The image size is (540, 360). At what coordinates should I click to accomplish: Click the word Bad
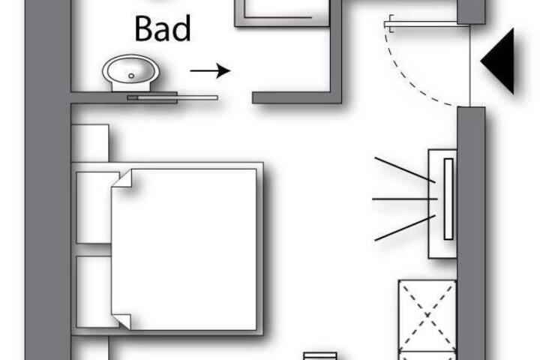coord(163,28)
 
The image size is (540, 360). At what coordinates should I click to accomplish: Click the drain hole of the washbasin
coord(130,76)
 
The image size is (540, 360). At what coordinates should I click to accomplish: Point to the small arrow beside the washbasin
coord(210,70)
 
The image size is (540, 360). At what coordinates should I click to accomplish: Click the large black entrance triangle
coord(498,61)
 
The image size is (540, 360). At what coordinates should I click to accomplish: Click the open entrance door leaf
coord(427,24)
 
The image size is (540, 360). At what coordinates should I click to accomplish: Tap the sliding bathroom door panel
coord(172,97)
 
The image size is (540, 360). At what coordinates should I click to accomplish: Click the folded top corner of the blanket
coord(122,178)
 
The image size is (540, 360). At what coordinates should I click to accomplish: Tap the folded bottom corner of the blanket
coord(121,322)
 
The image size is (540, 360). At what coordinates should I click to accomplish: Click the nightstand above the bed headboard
coord(90,143)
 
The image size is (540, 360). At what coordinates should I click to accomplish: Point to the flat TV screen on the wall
coord(448,199)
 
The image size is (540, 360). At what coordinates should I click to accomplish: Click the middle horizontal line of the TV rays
coord(405,199)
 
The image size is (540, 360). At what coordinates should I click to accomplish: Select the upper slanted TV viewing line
coord(405,169)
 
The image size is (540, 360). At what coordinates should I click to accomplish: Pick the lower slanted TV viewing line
coord(405,228)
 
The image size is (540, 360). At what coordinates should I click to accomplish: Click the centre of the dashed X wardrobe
coord(427,315)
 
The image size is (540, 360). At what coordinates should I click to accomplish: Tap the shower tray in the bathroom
coord(282,13)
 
